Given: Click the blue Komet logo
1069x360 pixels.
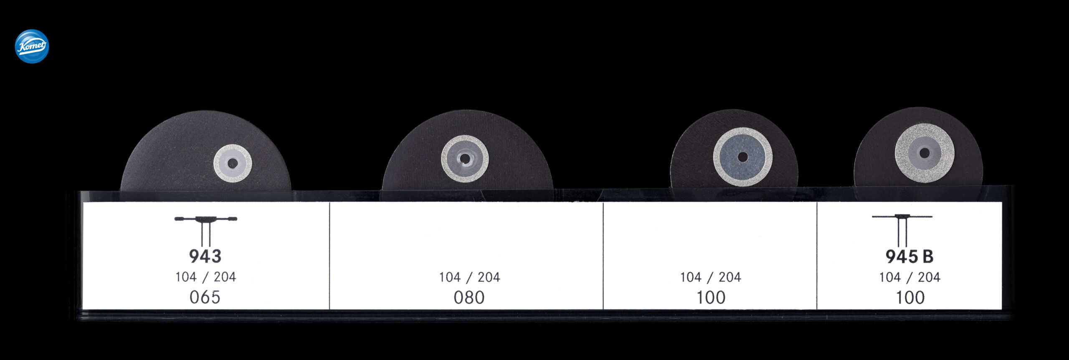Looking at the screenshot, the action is [32, 46].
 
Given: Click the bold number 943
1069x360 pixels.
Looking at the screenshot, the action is [205, 256].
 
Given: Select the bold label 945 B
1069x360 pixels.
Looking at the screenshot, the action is [909, 256].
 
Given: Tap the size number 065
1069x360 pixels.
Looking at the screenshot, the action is [205, 297].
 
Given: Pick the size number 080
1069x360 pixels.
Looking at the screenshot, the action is [469, 297].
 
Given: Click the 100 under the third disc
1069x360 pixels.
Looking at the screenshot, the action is [711, 297].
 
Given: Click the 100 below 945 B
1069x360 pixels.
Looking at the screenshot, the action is [910, 297].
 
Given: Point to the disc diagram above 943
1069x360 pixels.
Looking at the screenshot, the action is [205, 231].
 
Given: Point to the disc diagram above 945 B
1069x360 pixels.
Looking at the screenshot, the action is [902, 230].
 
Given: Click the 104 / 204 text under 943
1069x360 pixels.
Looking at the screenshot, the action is [205, 276].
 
